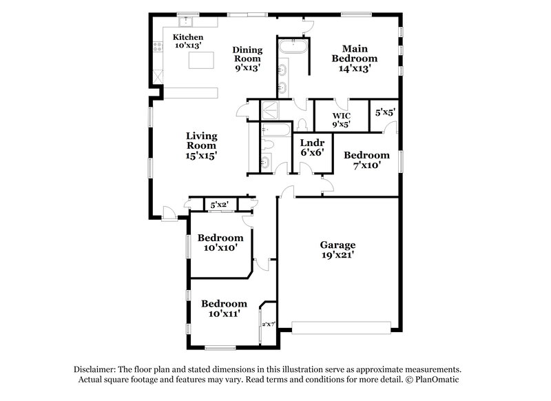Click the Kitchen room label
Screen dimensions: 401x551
187,41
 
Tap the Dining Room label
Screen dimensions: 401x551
247,59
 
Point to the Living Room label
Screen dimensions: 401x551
201,145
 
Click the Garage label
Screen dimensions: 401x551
337,250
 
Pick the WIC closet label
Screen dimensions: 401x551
342,120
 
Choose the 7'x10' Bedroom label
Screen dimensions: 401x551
366,160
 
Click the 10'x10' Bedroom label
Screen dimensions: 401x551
220,243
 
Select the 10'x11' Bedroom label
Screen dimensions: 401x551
224,309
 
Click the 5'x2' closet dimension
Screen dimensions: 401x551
220,205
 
